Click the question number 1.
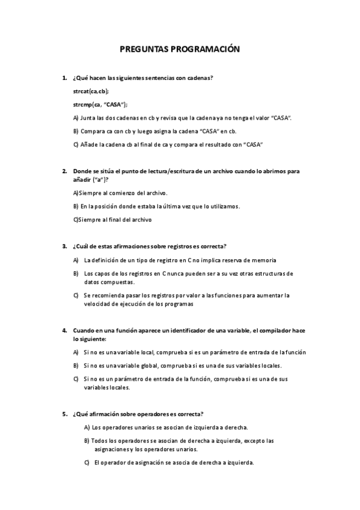(x=64, y=78)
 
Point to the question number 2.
(x=64, y=171)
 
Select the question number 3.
(x=64, y=246)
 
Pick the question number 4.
(x=64, y=330)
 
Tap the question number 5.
(x=64, y=414)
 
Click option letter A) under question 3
(x=76, y=260)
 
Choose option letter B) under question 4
(x=76, y=365)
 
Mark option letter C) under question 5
(x=87, y=462)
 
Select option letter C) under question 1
(x=75, y=145)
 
